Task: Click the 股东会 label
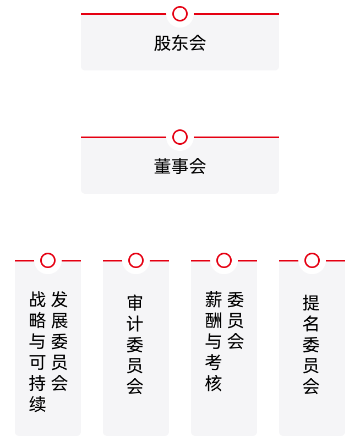(180, 43)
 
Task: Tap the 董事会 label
(180, 166)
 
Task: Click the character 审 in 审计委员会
(135, 303)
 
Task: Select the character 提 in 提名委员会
(311, 303)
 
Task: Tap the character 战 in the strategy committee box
(37, 299)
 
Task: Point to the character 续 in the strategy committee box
(37, 404)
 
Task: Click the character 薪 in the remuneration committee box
(214, 299)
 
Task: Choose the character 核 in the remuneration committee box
(214, 383)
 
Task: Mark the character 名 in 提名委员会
(311, 324)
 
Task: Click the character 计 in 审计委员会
(135, 324)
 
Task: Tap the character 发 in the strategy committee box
(59, 299)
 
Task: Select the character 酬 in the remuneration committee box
(214, 320)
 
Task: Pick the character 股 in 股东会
(162, 43)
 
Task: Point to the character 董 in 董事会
(162, 166)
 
